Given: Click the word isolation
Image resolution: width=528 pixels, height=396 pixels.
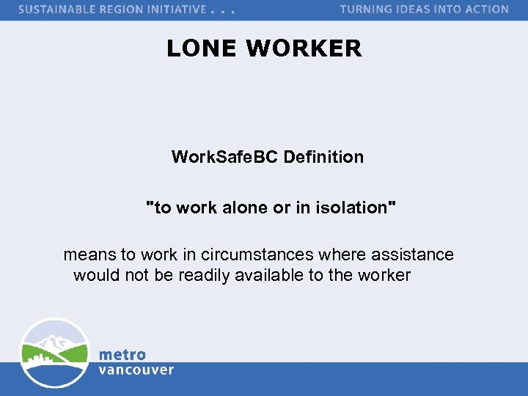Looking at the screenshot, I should (351, 208).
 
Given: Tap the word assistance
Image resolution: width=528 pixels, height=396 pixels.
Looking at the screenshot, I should (412, 255).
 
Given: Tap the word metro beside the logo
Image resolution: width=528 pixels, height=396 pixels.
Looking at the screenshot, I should (122, 355).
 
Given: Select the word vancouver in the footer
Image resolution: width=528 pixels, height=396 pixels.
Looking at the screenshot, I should (136, 370).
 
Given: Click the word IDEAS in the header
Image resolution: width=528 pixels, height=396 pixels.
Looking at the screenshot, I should (417, 10).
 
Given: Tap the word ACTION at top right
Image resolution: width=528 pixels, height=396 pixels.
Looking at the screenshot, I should (486, 10).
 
